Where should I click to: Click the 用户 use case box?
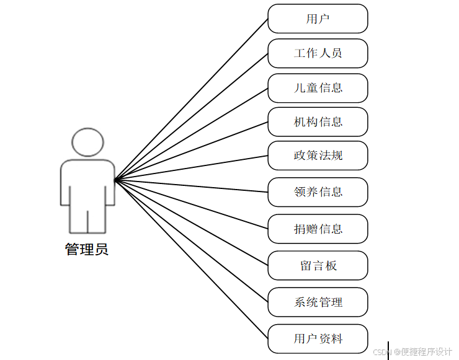point(318,19)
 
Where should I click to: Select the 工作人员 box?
point(318,53)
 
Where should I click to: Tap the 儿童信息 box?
point(318,88)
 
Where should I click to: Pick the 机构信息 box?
point(318,122)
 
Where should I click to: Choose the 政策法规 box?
point(318,156)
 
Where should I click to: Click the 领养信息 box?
point(318,192)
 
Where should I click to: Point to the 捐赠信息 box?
point(318,229)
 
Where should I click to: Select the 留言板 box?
point(318,265)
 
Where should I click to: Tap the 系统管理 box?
point(318,302)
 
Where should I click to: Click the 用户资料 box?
point(318,339)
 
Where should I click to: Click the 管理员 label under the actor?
point(87,250)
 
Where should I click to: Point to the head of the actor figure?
point(87,143)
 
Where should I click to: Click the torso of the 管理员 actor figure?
point(87,183)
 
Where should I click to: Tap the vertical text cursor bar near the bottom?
point(388,350)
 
